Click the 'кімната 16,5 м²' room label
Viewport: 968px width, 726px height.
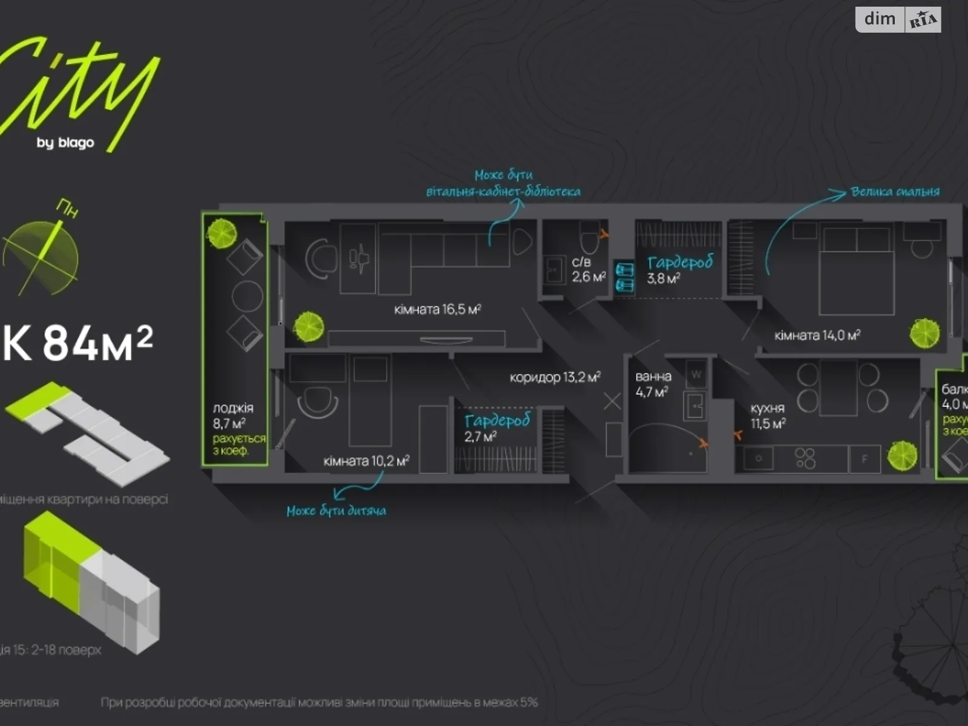tap(437, 310)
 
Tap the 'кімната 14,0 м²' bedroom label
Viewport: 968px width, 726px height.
tap(817, 335)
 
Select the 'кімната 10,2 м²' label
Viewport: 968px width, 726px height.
tap(366, 461)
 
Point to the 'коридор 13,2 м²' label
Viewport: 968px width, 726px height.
tap(555, 378)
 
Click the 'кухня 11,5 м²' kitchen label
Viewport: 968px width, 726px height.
tap(768, 416)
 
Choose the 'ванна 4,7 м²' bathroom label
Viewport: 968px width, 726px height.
tap(652, 384)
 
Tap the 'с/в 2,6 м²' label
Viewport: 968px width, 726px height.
tap(588, 270)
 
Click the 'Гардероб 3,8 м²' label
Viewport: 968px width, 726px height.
tap(679, 269)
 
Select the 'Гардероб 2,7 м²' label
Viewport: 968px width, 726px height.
tap(497, 427)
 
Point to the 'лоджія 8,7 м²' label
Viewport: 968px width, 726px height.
tap(233, 416)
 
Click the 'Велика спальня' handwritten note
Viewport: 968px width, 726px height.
tap(895, 192)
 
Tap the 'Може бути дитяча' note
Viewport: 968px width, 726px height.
tap(336, 511)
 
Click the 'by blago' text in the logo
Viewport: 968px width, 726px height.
tap(65, 143)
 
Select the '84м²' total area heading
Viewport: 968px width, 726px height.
tap(97, 343)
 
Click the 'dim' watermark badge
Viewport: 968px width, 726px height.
tap(880, 19)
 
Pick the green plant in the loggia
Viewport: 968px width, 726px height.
tap(221, 232)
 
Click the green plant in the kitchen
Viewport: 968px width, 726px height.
tap(902, 456)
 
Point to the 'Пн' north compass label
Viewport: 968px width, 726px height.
tap(67, 209)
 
